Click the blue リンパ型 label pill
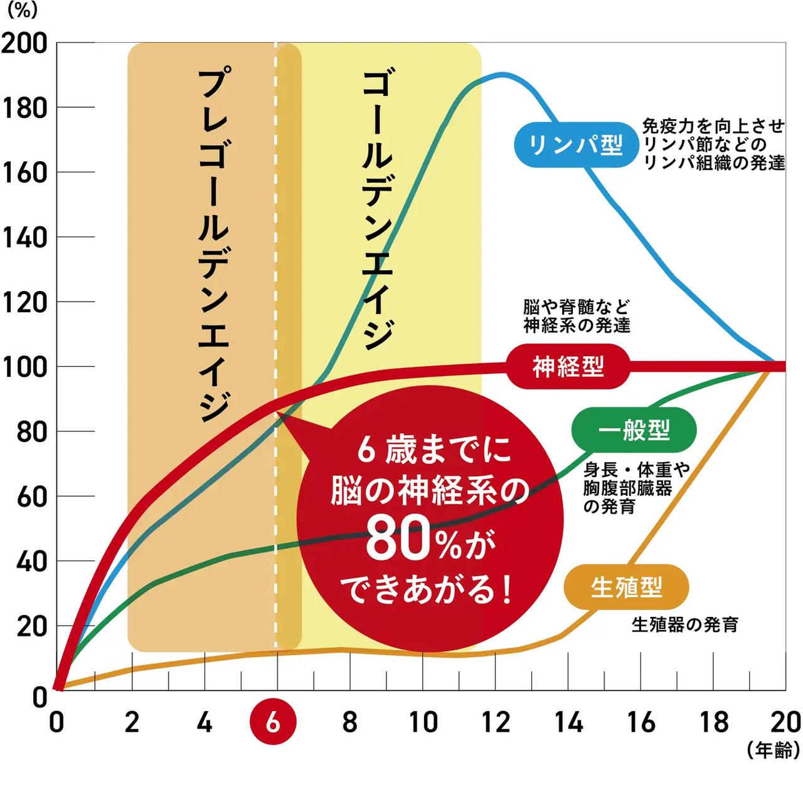575,145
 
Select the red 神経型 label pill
568,366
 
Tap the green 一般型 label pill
634,431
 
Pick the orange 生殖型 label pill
626,587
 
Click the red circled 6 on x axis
274,722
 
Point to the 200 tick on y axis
25,43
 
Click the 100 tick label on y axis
25,367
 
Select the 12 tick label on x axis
496,722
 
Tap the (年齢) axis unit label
774,750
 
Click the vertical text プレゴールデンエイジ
212,245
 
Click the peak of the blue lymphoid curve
502,75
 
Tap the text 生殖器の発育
684,625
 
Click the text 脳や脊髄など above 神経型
576,307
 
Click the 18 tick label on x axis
714,722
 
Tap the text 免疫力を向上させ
713,127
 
